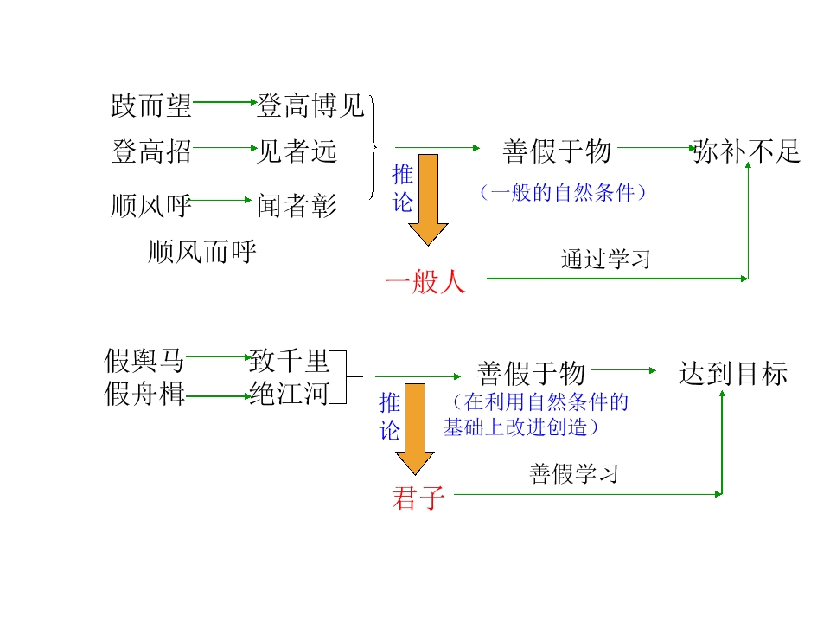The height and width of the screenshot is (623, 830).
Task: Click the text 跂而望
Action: point(150,106)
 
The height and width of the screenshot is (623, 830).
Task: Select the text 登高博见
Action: point(311,106)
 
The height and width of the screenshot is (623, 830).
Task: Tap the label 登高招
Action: point(150,151)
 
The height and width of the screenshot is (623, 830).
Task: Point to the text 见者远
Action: point(297,151)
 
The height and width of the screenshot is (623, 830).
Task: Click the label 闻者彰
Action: point(297,206)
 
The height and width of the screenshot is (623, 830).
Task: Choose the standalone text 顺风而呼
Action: point(201,251)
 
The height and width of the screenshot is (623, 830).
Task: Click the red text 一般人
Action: point(425,280)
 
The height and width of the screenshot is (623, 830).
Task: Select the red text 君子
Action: point(418,498)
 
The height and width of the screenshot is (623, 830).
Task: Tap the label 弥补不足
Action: point(747,151)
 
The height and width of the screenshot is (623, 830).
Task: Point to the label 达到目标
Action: point(733,374)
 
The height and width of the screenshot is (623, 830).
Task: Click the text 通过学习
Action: point(605,259)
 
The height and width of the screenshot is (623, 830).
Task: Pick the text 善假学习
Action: point(574,473)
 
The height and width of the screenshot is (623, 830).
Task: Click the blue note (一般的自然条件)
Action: point(563,192)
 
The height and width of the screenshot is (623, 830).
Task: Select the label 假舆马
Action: point(144,361)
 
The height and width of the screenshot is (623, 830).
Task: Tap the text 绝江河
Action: point(289,394)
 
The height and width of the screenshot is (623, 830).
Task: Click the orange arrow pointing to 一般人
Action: point(428,200)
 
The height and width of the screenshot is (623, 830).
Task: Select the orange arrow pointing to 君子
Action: point(415,429)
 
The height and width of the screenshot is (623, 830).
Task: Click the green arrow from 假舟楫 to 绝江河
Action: point(218,395)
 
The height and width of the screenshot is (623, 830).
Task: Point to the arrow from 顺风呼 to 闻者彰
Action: point(220,200)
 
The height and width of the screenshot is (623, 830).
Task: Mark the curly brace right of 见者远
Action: point(373,147)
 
